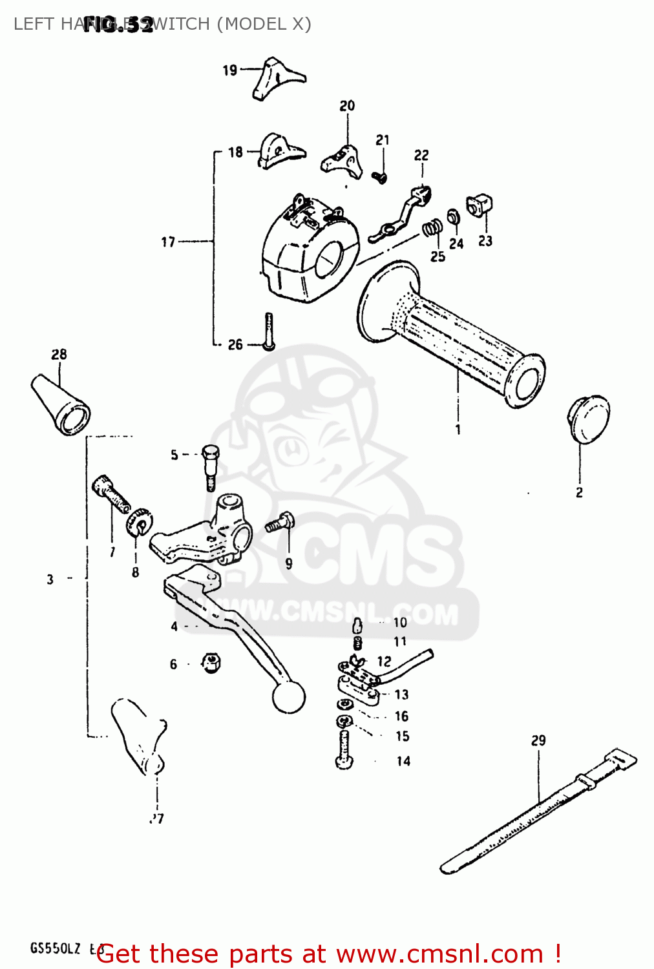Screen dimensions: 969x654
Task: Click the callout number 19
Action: point(230,70)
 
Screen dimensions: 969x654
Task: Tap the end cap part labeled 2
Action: point(588,420)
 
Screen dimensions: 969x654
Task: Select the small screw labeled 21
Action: point(381,176)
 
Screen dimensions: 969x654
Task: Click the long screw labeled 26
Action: point(269,331)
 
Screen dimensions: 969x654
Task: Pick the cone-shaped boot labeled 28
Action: point(60,404)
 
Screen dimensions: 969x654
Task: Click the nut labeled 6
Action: point(211,662)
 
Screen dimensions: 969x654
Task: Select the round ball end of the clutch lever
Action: point(288,698)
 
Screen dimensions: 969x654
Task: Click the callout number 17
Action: point(168,242)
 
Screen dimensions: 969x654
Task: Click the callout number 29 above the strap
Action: point(538,740)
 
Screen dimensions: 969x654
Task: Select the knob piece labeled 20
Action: point(341,159)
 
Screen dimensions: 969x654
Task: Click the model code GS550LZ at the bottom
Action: point(56,948)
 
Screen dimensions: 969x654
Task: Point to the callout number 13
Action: point(401,694)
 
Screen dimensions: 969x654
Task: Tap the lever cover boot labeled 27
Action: point(140,736)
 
